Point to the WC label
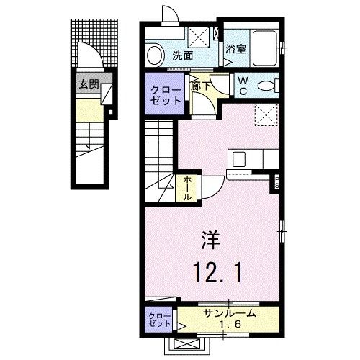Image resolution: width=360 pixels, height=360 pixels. pos(243,85)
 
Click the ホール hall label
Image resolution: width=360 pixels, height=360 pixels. pos(186,189)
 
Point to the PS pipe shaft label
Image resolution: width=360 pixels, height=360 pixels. pos(275,182)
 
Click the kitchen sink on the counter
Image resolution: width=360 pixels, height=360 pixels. pos(238,158)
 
